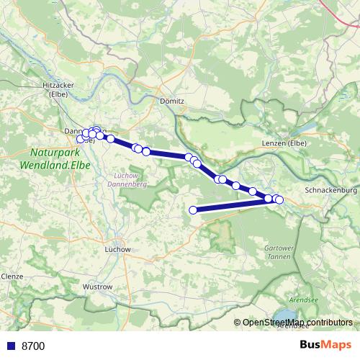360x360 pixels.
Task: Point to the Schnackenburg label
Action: (330, 190)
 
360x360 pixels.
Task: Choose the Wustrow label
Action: (98, 287)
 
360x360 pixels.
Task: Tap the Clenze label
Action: (12, 276)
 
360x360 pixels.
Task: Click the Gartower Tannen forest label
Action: (276, 251)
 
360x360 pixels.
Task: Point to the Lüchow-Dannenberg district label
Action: (131, 180)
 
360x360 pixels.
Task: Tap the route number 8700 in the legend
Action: (33, 346)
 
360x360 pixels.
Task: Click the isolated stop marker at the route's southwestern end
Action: (193, 210)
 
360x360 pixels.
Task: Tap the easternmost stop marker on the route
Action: (279, 199)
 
